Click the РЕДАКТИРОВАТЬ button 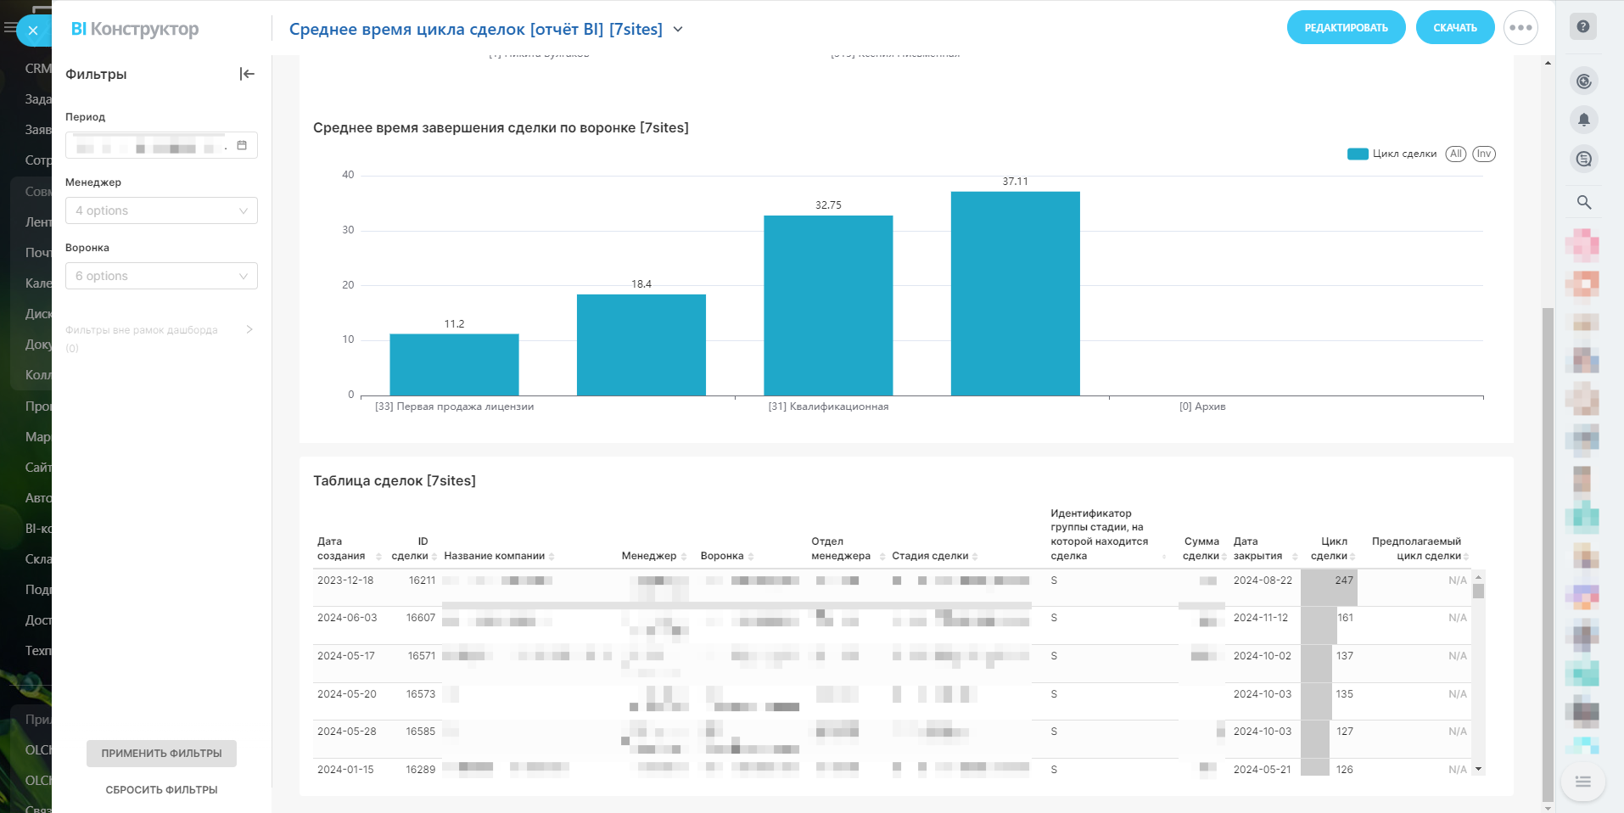[1346, 28]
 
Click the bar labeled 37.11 [1015, 293]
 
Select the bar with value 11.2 [454, 364]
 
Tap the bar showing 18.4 [641, 345]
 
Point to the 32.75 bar [828, 305]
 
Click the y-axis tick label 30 [348, 230]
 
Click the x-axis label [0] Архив [1202, 406]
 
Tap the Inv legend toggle [1483, 154]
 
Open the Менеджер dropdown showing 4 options [161, 210]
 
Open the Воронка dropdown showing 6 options [161, 276]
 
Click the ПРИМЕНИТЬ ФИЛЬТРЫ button [161, 754]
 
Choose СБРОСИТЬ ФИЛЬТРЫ [161, 790]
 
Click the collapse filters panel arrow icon [247, 74]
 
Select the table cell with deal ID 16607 [420, 618]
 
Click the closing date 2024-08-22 [1263, 580]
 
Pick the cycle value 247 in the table [1344, 580]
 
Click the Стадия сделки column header [930, 556]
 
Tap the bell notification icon [1583, 120]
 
